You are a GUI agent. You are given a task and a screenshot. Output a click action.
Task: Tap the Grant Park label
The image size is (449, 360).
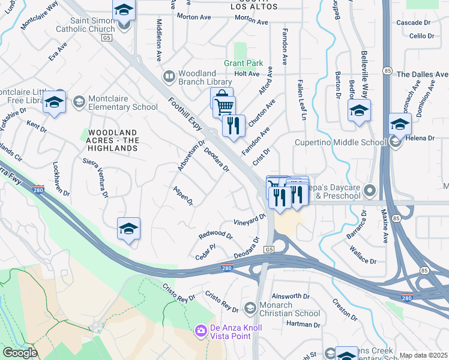pos(244,63)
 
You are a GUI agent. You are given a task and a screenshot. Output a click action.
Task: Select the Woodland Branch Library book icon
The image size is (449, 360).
pos(169,76)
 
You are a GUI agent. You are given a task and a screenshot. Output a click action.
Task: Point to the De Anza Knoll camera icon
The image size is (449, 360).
pos(200,331)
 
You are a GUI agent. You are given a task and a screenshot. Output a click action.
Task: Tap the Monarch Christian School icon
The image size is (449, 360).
pos(250,308)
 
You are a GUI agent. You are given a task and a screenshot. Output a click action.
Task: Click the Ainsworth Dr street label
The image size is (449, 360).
pos(290,296)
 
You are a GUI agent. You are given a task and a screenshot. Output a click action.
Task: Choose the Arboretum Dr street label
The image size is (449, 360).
pos(191,156)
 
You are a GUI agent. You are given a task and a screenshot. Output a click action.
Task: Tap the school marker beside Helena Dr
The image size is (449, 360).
pos(400,124)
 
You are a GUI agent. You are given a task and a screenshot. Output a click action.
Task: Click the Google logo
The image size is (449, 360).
pos(20,353)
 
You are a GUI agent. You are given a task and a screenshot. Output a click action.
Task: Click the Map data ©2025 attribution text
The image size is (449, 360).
pos(423,355)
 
